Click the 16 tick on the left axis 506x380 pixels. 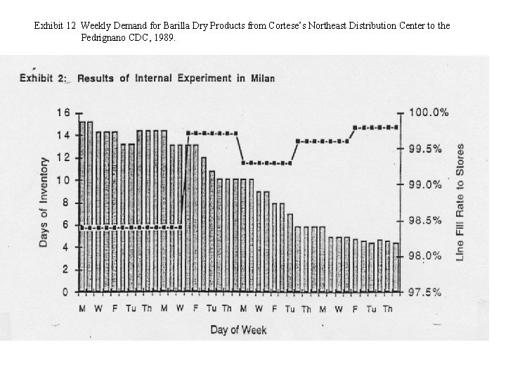click(x=63, y=112)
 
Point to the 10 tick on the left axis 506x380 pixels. click(x=63, y=180)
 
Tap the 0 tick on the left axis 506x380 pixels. click(x=65, y=292)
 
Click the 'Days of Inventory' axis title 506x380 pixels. click(x=44, y=201)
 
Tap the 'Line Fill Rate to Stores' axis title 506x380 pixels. click(x=460, y=202)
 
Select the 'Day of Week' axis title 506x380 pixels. click(x=238, y=329)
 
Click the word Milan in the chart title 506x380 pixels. click(x=261, y=78)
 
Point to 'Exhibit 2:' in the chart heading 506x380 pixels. click(x=43, y=78)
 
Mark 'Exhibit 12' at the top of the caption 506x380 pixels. click(x=55, y=25)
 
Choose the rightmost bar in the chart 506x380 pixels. click(x=396, y=267)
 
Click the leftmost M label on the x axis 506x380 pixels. click(x=82, y=309)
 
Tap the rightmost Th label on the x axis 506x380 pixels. click(x=387, y=309)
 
